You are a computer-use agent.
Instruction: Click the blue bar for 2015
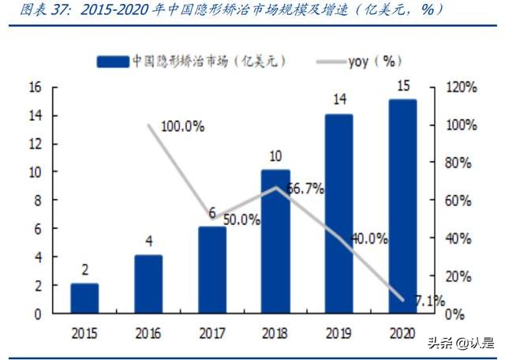tap(84, 298)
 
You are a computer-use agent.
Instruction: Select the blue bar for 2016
tap(148, 284)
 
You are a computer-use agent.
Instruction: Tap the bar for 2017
tap(212, 270)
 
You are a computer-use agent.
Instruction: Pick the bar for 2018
tap(275, 242)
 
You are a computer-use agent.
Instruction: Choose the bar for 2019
tap(339, 213)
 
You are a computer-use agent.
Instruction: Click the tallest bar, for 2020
tap(402, 206)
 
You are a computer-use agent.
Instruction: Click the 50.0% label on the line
tap(241, 220)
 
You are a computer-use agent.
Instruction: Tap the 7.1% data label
tap(428, 301)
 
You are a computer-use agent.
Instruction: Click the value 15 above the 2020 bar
tap(402, 85)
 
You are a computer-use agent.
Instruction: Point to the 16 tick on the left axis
tap(35, 88)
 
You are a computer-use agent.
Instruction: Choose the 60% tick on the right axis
tap(455, 201)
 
